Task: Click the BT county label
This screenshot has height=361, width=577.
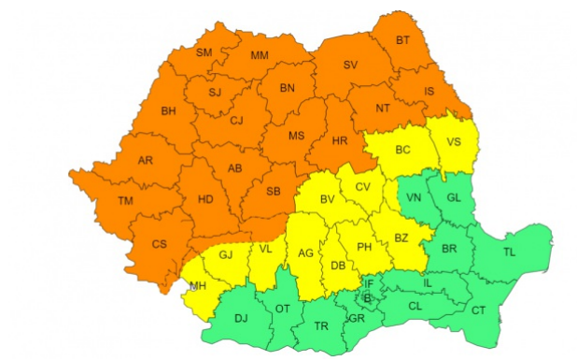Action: [403, 40]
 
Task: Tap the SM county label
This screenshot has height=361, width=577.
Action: [204, 52]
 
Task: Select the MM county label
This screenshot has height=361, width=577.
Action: [260, 56]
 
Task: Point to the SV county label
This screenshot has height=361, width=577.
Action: [351, 65]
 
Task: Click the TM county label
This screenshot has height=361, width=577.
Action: [125, 201]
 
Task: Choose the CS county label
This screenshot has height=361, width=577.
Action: [159, 245]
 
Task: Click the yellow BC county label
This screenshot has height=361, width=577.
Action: [403, 150]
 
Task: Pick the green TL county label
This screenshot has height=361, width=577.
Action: [509, 253]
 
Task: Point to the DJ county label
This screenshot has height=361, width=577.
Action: [241, 319]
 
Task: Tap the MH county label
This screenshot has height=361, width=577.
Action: [198, 285]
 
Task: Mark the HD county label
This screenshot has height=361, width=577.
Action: [205, 199]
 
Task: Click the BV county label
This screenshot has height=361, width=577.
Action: [328, 200]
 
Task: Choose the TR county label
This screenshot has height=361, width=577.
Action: [320, 327]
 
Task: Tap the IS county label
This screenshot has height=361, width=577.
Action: [429, 92]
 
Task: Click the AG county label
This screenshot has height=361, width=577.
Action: [305, 253]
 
